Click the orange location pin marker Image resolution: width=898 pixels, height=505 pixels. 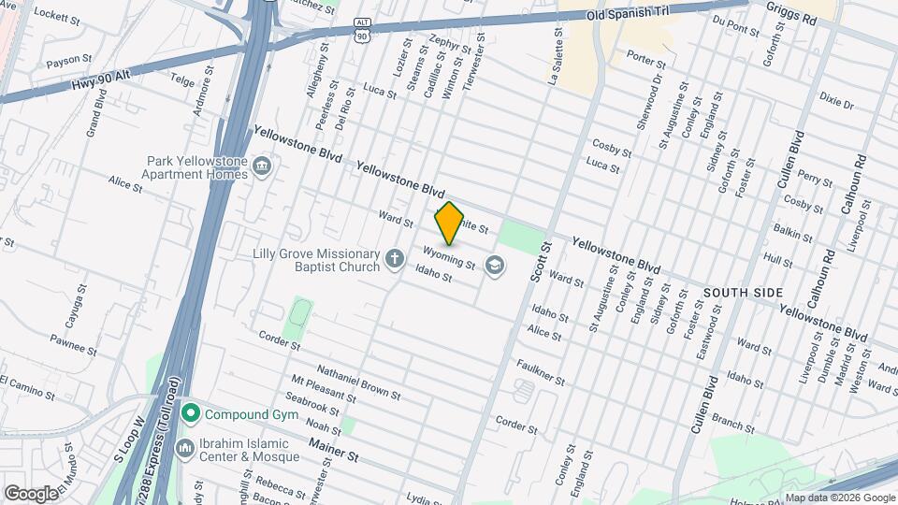coord(450,223)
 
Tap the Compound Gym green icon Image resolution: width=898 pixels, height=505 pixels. coord(192,412)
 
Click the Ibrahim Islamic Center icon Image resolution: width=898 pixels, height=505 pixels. coord(184,448)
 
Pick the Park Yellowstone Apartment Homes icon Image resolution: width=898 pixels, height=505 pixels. coord(262,168)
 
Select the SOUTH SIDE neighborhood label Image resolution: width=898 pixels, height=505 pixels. coord(743,293)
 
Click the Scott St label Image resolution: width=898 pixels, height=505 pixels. coord(537,263)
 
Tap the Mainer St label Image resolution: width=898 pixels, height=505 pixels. coord(334,455)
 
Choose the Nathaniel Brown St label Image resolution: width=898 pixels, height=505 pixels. coord(357,382)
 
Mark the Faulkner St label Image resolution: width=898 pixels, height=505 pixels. coord(540,373)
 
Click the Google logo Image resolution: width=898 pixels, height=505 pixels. coord(30,493)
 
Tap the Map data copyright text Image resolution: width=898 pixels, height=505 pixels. coord(839,498)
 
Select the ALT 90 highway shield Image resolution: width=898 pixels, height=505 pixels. coord(361,27)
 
